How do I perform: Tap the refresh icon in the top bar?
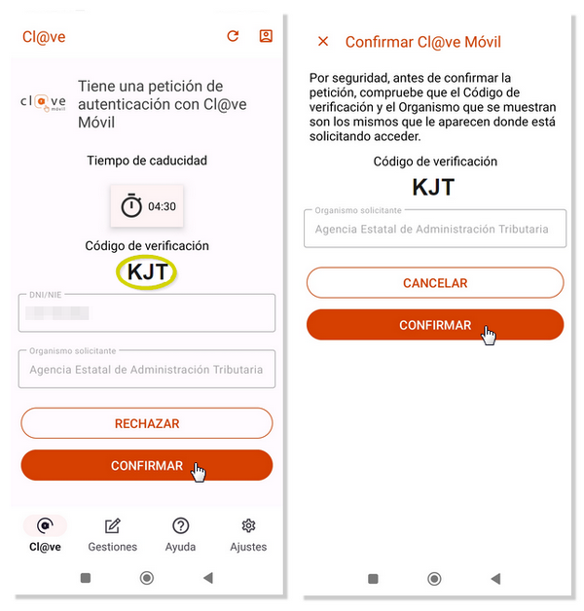point(233,36)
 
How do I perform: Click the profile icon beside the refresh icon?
point(266,36)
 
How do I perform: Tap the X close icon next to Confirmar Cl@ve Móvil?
point(323,41)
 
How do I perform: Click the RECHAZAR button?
point(147,423)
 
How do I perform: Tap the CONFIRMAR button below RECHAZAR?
point(147,465)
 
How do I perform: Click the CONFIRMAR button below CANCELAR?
point(435,325)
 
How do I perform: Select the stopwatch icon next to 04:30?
point(131,205)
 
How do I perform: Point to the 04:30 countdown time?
point(162,206)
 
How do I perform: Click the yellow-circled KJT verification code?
point(147,271)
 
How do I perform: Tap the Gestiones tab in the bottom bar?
point(112,535)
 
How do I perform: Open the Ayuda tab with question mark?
point(180,535)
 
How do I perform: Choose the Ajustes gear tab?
point(248,535)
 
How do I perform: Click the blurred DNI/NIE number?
point(56,313)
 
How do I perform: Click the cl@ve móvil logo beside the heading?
point(43,103)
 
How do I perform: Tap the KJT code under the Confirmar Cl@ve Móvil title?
point(433,187)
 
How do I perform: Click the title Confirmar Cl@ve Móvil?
point(423,42)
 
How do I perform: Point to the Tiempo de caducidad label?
point(147,161)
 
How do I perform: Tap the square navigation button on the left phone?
point(86,578)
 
